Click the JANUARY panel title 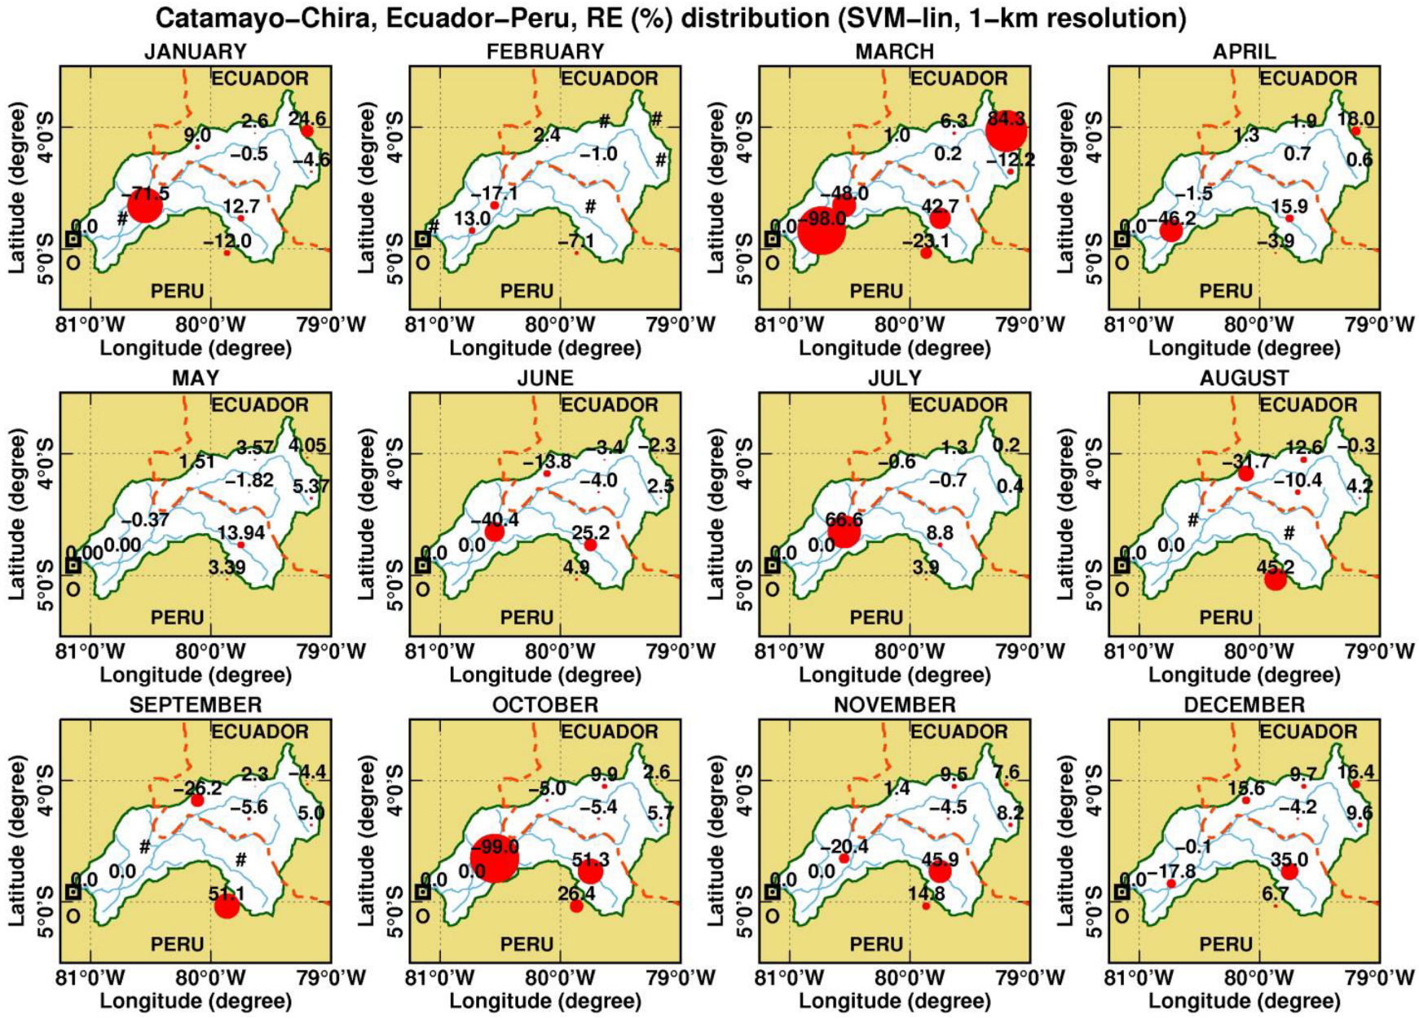click(x=195, y=52)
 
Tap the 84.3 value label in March click(x=1006, y=119)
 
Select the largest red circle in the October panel click(x=495, y=858)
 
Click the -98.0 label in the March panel click(x=822, y=218)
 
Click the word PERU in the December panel click(x=1225, y=944)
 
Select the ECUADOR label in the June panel click(x=609, y=405)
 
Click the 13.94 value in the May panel click(x=241, y=532)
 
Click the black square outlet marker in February click(x=422, y=239)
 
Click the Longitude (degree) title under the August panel click(x=1244, y=675)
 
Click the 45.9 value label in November click(x=940, y=858)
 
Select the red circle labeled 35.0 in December click(x=1289, y=871)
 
